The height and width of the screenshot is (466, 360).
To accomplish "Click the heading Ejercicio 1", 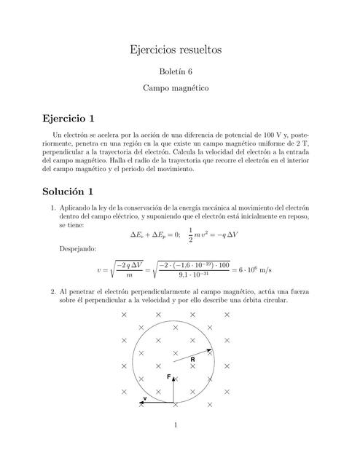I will (x=69, y=118).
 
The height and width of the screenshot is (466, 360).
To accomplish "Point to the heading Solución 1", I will (x=69, y=192).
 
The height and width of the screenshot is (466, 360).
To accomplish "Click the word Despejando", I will (x=75, y=249).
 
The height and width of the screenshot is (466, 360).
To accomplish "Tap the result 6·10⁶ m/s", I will (x=252, y=271).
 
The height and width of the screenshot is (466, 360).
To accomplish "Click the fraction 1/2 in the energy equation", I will (x=191, y=234).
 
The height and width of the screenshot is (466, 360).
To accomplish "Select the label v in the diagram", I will (x=145, y=398).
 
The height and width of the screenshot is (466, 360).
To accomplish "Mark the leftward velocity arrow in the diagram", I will (x=157, y=403).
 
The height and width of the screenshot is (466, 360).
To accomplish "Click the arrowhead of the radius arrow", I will (x=210, y=350).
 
